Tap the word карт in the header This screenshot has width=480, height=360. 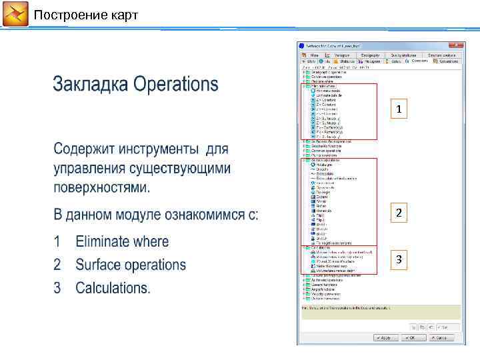121,15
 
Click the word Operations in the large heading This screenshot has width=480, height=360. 176,85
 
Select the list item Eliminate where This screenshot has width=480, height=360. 122,241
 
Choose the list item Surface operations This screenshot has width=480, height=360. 131,265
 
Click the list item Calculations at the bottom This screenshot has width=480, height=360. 113,288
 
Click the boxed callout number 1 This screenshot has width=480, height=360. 398,109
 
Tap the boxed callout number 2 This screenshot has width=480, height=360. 398,213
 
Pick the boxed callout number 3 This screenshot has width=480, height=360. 398,260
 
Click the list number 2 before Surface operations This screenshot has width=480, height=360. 58,265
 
